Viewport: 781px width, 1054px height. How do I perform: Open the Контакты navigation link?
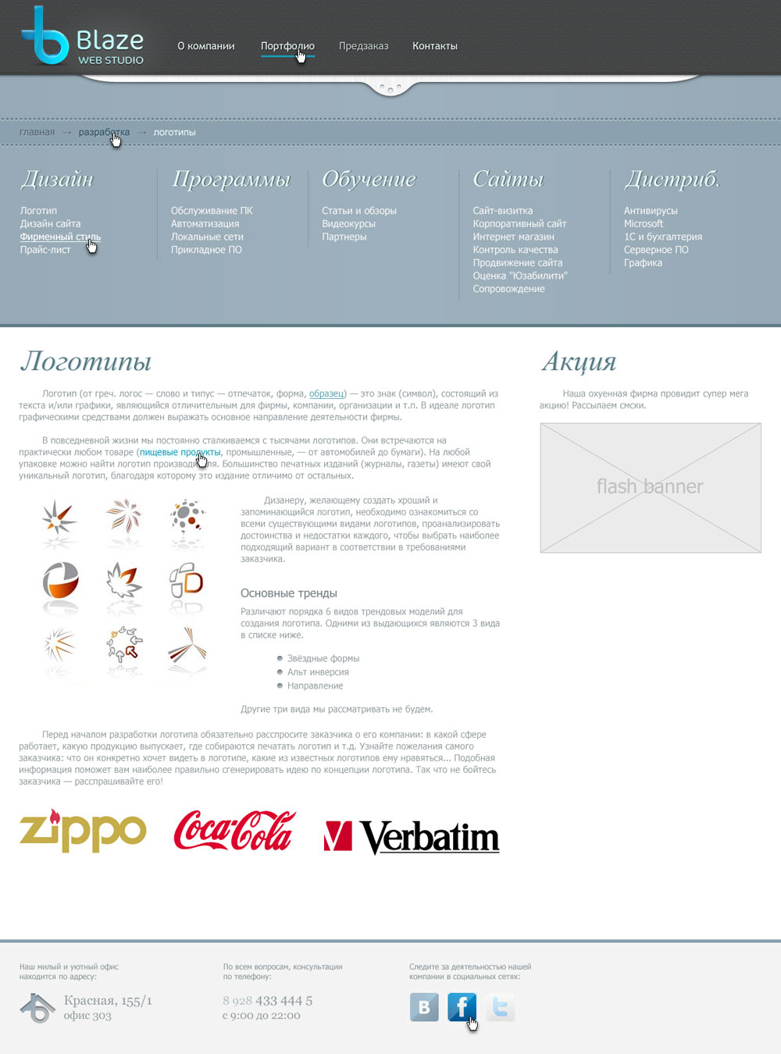tap(435, 46)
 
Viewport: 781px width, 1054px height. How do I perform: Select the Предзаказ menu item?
tap(363, 46)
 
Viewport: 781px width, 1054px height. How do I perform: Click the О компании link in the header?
tap(205, 46)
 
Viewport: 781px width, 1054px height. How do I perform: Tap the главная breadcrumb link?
tap(37, 132)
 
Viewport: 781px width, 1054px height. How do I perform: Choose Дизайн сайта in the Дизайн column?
tap(50, 224)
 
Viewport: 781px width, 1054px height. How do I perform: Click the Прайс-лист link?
tap(45, 250)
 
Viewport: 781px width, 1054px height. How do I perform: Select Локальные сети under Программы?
tap(207, 237)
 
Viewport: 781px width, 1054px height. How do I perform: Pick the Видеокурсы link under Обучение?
tap(348, 224)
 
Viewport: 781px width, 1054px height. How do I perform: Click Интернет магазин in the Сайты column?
tap(513, 237)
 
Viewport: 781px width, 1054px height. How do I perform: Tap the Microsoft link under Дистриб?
tap(643, 224)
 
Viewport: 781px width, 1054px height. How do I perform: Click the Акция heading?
tap(579, 361)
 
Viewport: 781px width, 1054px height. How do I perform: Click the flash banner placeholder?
tap(650, 488)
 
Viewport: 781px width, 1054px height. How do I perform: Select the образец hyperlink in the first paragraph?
tap(326, 393)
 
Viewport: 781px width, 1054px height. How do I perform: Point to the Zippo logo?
tap(82, 831)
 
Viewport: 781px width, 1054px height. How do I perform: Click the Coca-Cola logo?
tap(234, 831)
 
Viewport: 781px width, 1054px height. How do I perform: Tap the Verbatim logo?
tap(412, 836)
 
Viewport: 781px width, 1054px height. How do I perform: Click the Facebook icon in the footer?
tap(462, 1007)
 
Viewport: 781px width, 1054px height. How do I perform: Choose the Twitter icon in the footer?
tap(500, 1007)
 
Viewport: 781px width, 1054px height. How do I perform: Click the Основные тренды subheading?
tap(288, 593)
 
